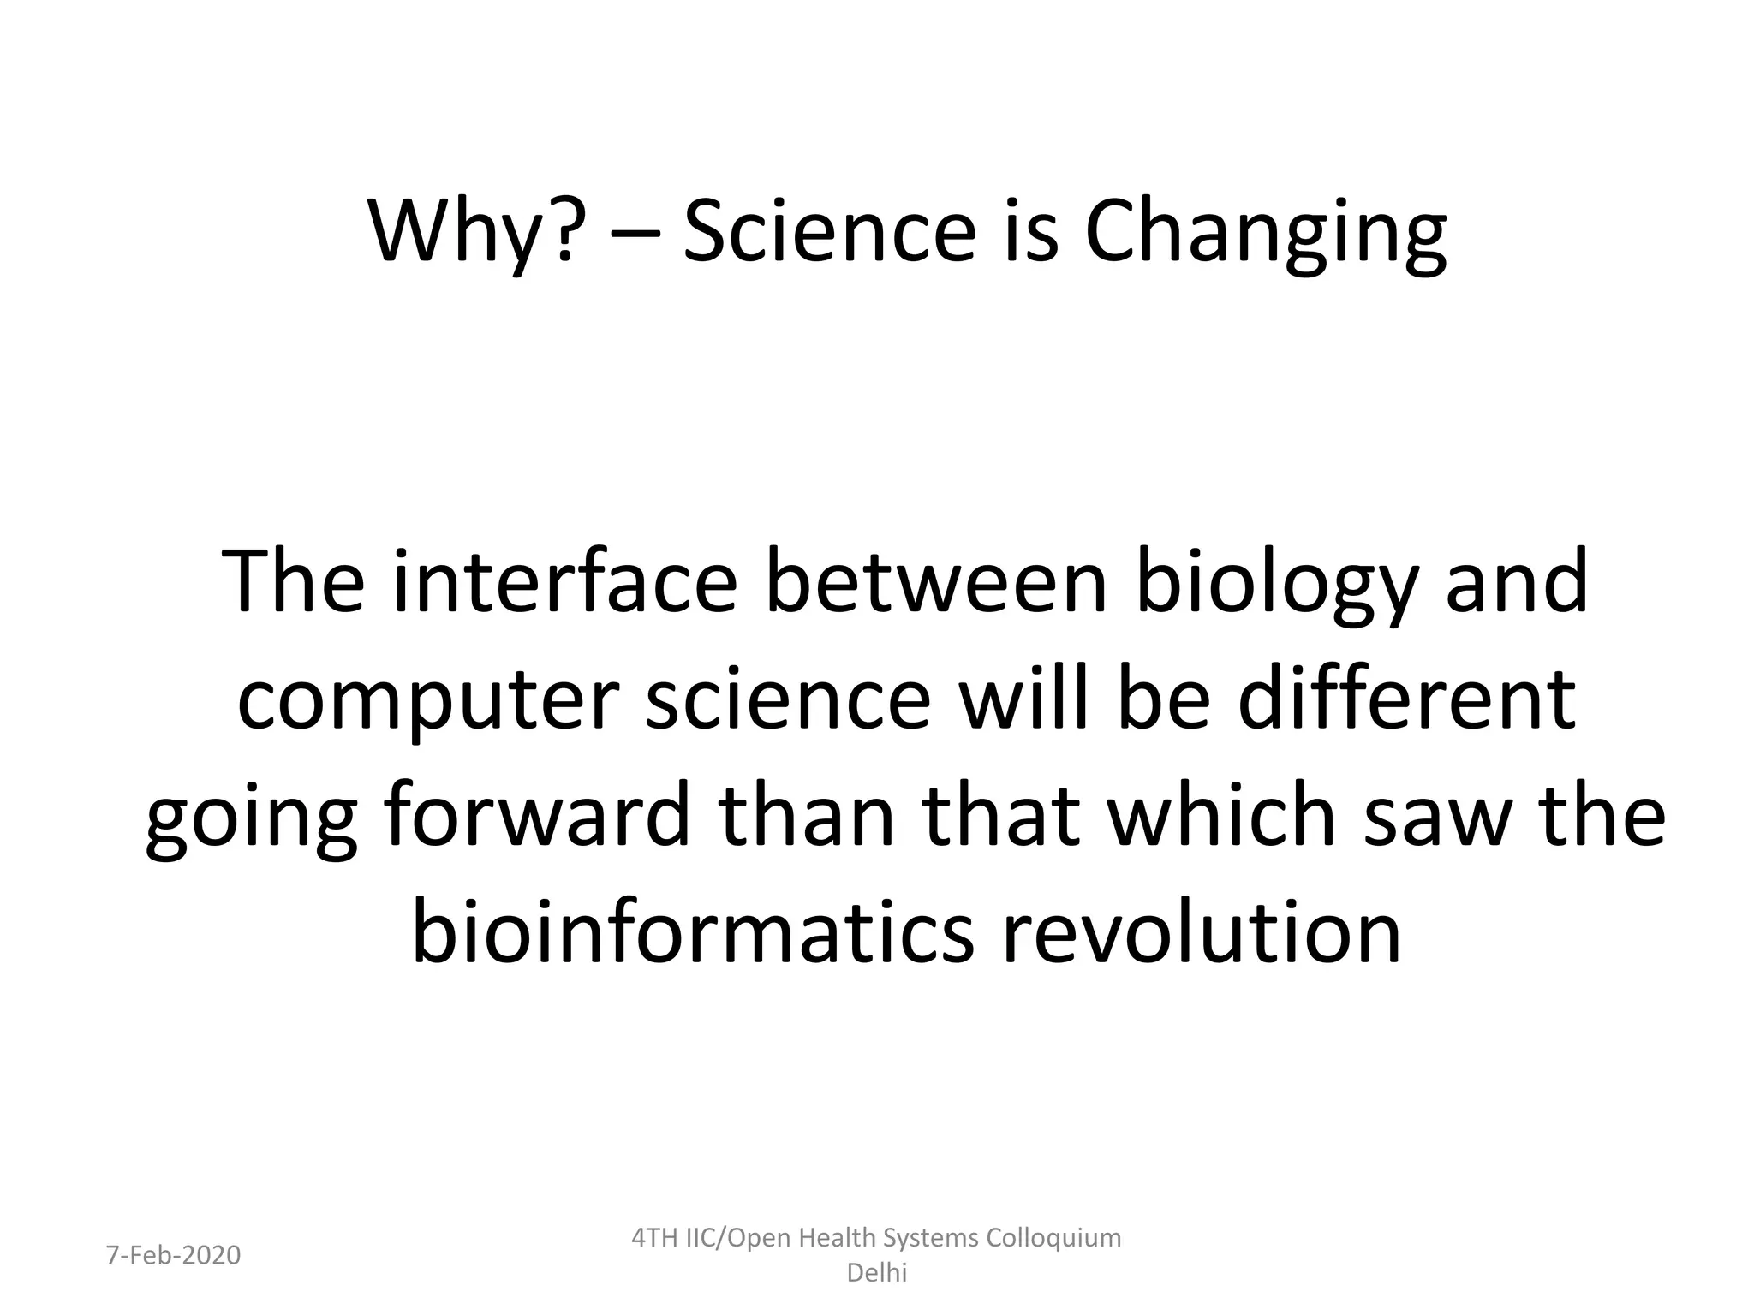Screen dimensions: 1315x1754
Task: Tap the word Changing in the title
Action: point(1265,232)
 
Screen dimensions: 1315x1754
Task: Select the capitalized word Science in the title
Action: point(829,232)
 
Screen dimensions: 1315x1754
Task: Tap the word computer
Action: point(427,701)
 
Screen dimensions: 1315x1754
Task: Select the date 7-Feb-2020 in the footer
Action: point(173,1255)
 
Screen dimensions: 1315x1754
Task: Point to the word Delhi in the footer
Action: point(876,1273)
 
